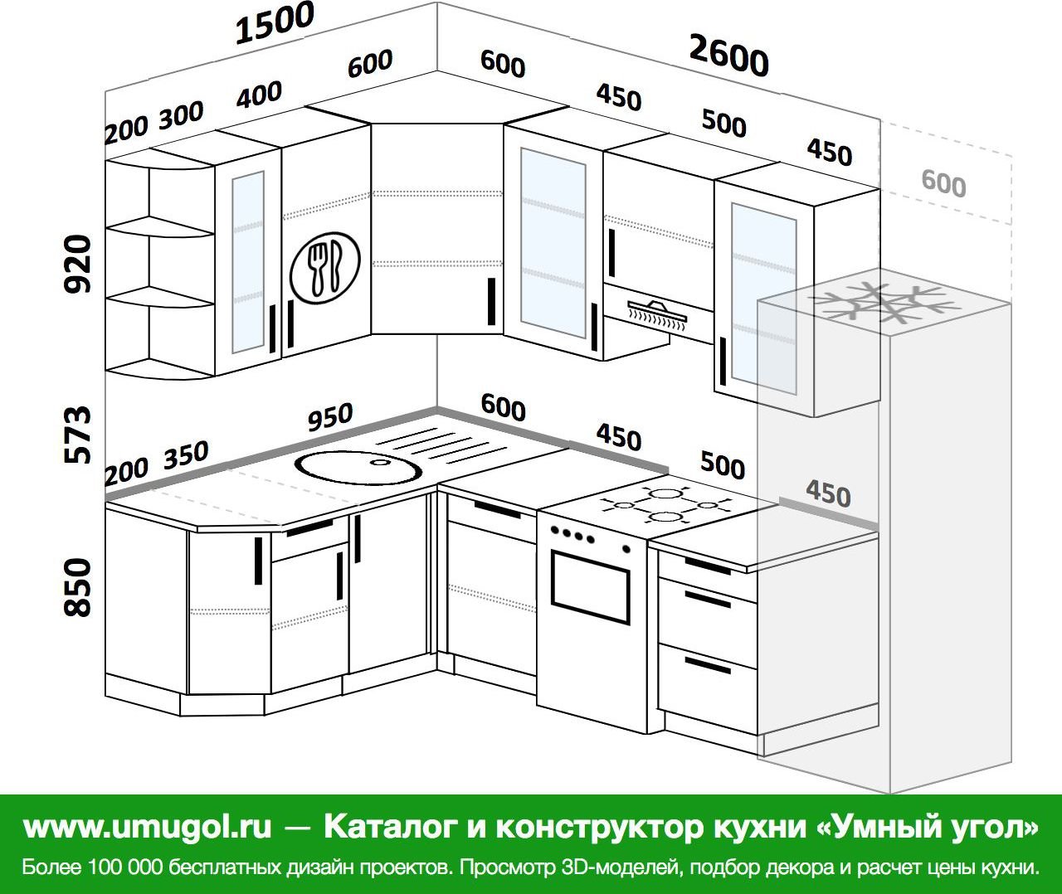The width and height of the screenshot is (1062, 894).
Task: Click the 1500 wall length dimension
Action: coord(275,22)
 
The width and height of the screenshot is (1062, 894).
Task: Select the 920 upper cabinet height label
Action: coord(77,264)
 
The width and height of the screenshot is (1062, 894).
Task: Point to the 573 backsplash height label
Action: coord(77,435)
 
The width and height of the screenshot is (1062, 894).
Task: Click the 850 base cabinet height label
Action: coord(77,588)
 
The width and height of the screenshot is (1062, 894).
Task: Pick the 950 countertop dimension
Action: coord(330,416)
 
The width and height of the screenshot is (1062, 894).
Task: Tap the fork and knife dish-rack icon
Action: coord(325,268)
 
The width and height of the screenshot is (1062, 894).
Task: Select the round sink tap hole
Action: coord(379,462)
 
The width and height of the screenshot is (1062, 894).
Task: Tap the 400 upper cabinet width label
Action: coord(258,94)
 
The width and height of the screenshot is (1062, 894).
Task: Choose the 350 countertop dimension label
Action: coord(186,455)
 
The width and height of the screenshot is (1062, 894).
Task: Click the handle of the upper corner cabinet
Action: coord(491,302)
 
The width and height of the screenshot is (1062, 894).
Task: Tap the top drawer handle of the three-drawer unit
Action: coord(708,566)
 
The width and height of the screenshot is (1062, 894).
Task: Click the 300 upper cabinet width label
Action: coord(181,115)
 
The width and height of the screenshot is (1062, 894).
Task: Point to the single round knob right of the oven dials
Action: coord(626,549)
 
